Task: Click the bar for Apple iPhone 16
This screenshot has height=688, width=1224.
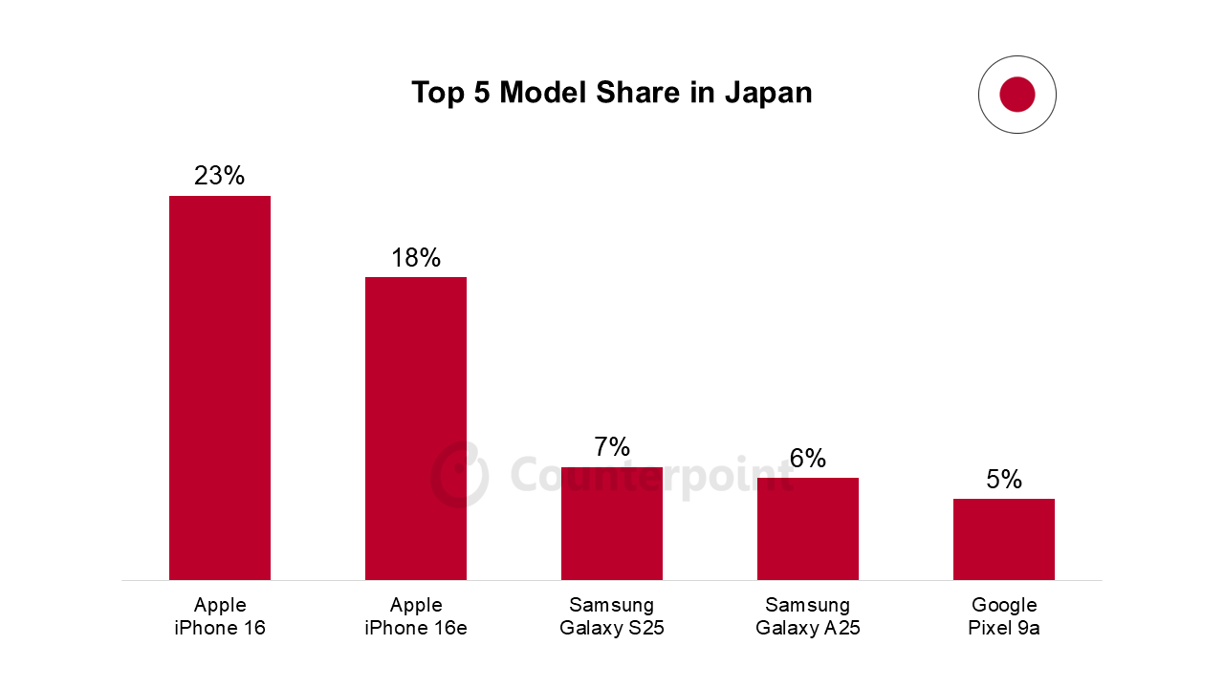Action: pos(220,387)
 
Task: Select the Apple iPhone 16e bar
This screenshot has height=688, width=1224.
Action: pos(416,428)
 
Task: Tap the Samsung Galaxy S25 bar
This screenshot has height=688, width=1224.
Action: pos(612,523)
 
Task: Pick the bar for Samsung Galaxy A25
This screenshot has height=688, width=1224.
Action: pos(808,528)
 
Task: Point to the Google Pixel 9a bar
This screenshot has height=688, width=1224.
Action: pos(1004,539)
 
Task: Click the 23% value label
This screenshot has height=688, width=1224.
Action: pos(220,176)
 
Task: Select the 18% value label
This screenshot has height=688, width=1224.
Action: pos(416,258)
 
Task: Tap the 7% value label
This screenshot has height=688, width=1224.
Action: pos(612,447)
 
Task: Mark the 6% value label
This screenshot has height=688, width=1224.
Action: pos(808,459)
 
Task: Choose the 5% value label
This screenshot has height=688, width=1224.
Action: pos(1004,480)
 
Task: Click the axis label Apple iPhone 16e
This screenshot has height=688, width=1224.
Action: pos(416,616)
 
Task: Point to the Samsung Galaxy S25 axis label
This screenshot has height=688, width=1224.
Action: pos(612,616)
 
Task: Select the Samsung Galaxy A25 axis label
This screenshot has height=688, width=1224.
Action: pos(808,616)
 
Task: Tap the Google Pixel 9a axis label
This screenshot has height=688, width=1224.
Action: pos(1004,616)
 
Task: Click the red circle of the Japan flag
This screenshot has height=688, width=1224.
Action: pos(1017,95)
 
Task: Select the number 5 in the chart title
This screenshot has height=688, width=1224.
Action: pos(481,93)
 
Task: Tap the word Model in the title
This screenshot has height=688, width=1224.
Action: pos(540,93)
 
